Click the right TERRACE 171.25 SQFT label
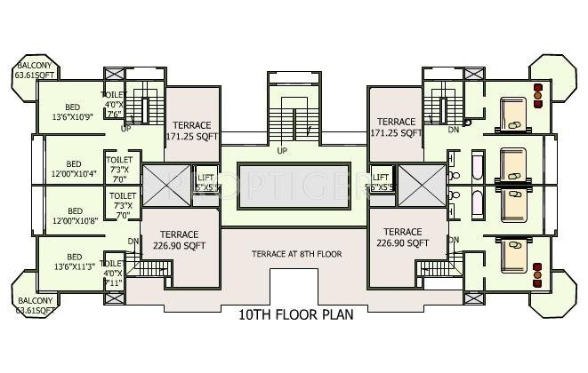click(397, 127)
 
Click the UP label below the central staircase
click(283, 150)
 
